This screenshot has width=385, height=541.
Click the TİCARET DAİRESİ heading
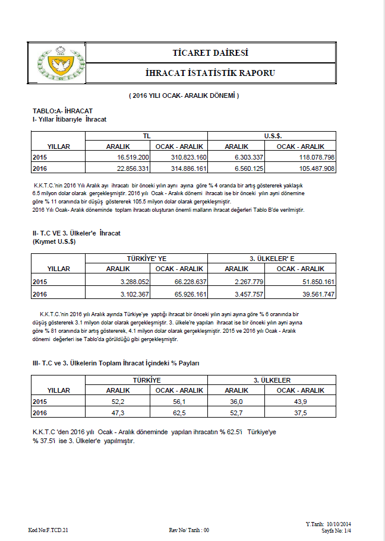tap(210, 53)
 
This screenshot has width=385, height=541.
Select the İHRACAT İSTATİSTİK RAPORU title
tap(210, 73)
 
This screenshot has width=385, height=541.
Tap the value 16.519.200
tap(134, 157)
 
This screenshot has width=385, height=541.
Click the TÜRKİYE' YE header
tap(147, 259)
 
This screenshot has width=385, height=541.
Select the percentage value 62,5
tap(179, 413)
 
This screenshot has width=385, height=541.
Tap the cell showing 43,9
tap(300, 402)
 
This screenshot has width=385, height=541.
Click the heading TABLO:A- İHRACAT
tap(62, 111)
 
